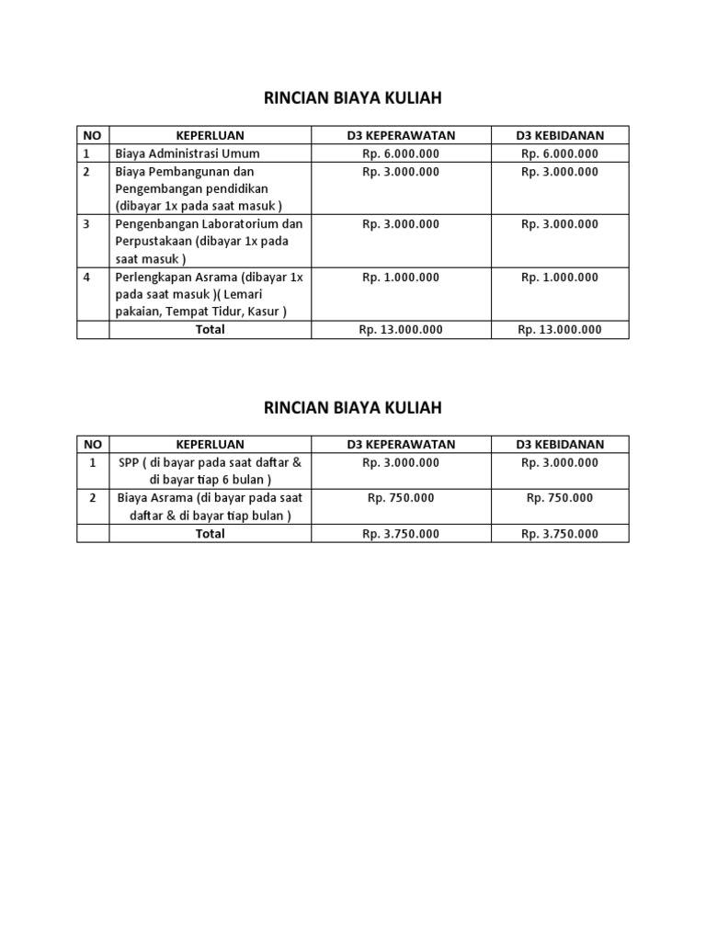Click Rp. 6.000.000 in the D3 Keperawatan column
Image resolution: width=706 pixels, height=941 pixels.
401,153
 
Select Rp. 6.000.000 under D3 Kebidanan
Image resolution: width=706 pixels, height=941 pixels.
560,153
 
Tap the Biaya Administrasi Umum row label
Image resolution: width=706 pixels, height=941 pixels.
188,153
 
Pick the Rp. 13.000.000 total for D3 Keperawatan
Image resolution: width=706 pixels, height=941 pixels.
401,330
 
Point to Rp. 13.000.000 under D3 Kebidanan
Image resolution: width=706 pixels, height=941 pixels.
560,330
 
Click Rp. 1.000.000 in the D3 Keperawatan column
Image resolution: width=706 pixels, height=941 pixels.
401,277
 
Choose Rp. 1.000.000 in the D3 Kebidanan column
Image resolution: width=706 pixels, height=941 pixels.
560,277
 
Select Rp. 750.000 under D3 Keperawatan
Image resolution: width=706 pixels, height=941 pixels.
401,498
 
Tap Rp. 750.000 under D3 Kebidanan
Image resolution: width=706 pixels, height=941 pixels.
560,498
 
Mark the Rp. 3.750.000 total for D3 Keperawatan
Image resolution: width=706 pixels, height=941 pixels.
401,534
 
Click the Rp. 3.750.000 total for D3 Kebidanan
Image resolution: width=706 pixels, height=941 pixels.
560,534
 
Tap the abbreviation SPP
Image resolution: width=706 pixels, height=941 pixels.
129,462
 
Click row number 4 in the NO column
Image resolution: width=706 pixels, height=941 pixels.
86,277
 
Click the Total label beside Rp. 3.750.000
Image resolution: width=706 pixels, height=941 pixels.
210,534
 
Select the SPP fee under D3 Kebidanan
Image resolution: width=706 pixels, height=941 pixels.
560,462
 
